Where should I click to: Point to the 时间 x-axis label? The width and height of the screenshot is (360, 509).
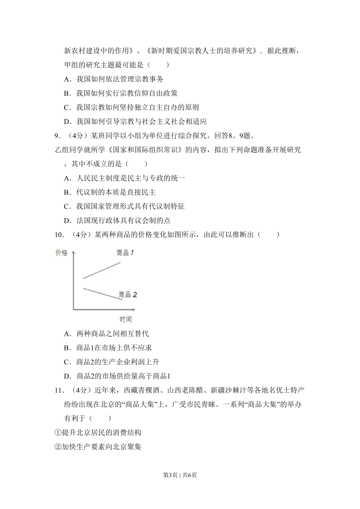point(125,319)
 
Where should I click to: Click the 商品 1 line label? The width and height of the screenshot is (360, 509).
point(125,253)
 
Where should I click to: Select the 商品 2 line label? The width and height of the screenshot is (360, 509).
point(128,294)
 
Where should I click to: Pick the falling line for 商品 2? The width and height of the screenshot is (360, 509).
point(102,294)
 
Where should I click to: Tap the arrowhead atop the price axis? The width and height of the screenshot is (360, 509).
point(73,253)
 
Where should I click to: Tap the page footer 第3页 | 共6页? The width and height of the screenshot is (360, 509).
point(180,475)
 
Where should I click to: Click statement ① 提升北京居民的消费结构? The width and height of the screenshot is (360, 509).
point(98,432)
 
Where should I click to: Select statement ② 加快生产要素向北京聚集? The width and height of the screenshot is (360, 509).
point(98,447)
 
